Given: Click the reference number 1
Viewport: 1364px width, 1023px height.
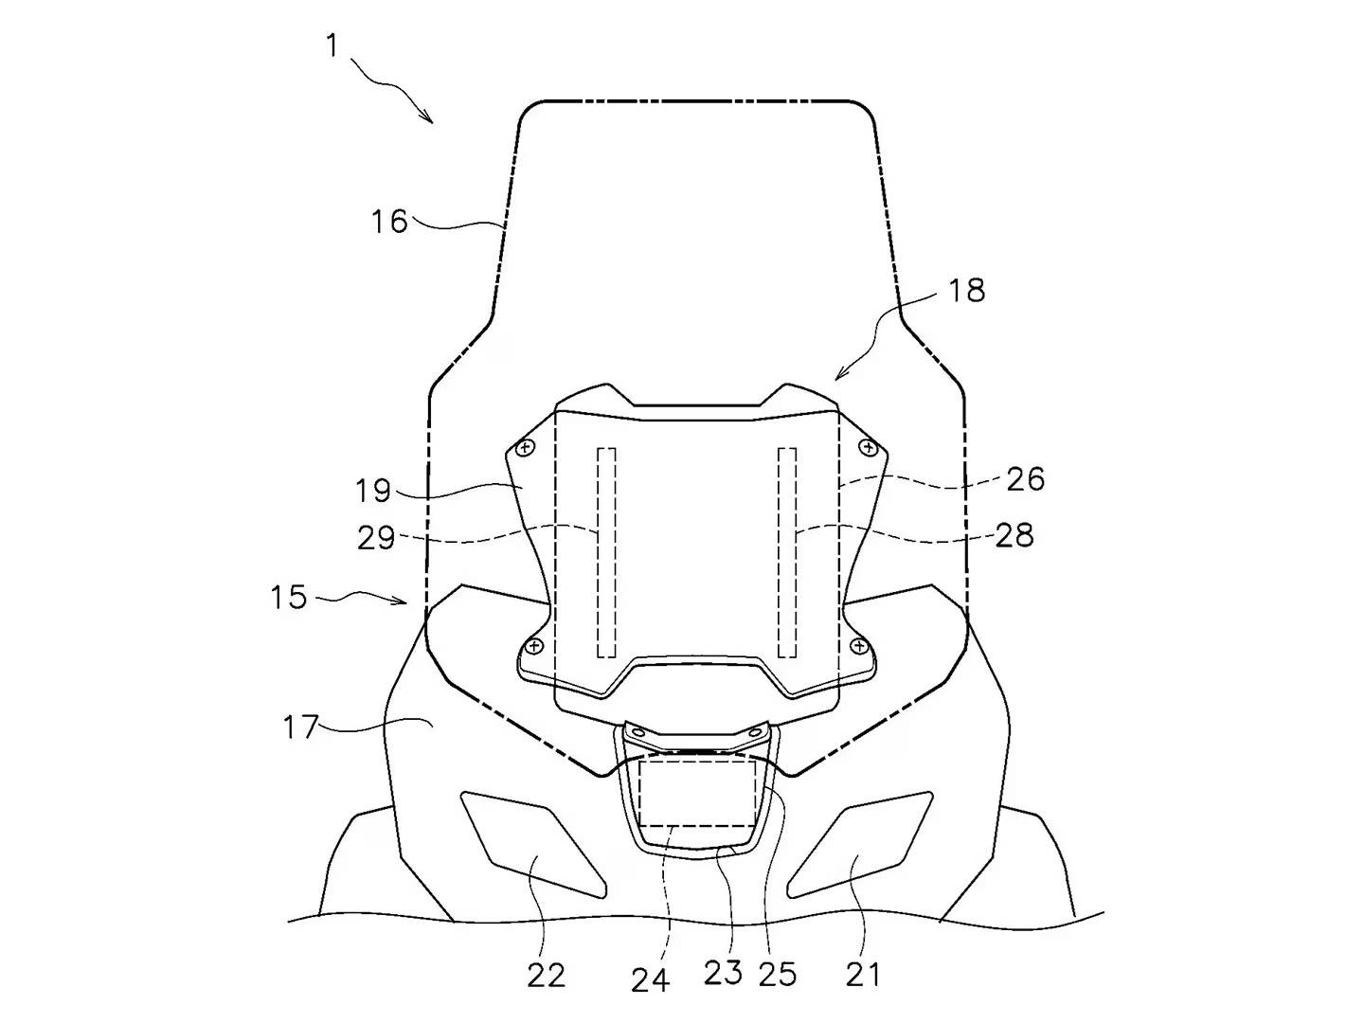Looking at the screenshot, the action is [x=333, y=46].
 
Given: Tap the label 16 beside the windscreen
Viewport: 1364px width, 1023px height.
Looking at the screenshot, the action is [x=389, y=222].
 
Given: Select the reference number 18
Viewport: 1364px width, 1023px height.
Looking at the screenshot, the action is [x=967, y=291].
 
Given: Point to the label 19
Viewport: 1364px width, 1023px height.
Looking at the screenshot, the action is [x=373, y=491].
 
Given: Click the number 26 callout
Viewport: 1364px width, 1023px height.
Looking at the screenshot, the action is [x=1025, y=479].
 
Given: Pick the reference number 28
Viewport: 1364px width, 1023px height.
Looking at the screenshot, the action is [x=1014, y=535].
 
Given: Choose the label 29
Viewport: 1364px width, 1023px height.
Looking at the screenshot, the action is [x=376, y=538].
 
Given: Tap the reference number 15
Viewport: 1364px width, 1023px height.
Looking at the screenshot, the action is [x=289, y=597].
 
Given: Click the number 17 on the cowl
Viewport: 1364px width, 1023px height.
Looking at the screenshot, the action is [x=301, y=727].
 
